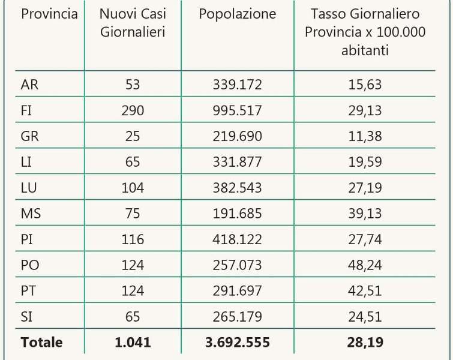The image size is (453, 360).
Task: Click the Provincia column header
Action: point(49,14)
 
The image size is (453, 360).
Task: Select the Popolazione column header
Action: point(237,14)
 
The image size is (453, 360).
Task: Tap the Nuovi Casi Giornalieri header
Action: point(133,22)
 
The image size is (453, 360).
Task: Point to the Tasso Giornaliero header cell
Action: point(365,32)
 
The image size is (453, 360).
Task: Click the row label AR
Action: point(29,85)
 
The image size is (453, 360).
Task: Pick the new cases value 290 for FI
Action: point(133,110)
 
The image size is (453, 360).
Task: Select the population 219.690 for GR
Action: point(237,136)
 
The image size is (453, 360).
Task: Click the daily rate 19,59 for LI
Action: point(365,162)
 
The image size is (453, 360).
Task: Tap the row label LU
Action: point(29,188)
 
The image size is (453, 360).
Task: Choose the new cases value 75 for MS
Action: point(133,214)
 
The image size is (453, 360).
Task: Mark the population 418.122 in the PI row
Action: point(237,239)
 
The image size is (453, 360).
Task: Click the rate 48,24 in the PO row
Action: point(365,265)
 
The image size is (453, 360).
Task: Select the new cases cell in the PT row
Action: point(133,291)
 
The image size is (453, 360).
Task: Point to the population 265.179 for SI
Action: point(237,317)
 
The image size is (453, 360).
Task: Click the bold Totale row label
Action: point(41,343)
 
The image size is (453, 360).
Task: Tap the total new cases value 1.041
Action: point(133,343)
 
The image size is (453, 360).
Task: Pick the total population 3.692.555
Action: point(237,343)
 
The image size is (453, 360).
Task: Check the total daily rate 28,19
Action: point(365,343)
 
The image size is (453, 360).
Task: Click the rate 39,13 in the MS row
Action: point(365,214)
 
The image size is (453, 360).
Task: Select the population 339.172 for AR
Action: point(237,85)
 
